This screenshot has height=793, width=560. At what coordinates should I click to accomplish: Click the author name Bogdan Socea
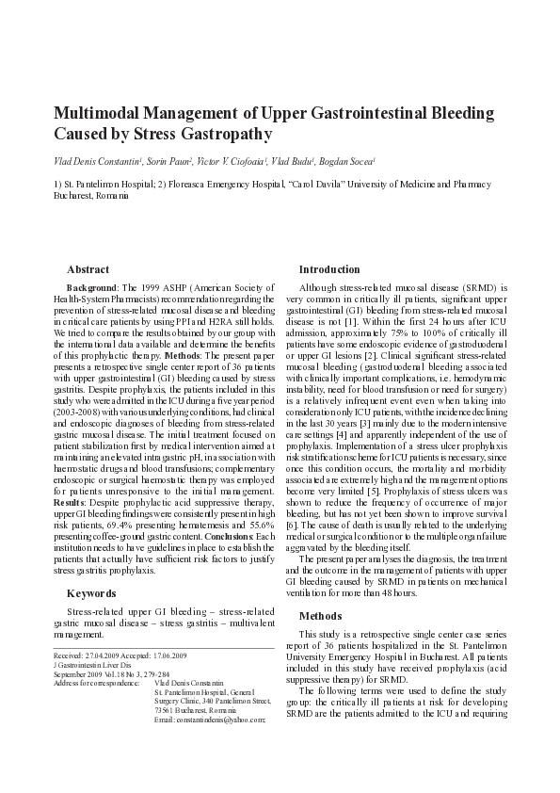(x=351, y=162)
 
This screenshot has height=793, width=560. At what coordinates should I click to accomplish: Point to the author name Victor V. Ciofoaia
(x=232, y=162)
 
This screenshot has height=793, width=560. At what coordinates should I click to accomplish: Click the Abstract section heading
(x=88, y=269)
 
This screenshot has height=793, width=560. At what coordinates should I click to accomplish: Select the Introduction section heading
(x=329, y=269)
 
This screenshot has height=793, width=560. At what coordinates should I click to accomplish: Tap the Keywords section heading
(x=91, y=593)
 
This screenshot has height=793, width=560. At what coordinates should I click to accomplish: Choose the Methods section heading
(x=321, y=616)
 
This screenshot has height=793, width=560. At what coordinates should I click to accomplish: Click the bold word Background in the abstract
(x=92, y=285)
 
